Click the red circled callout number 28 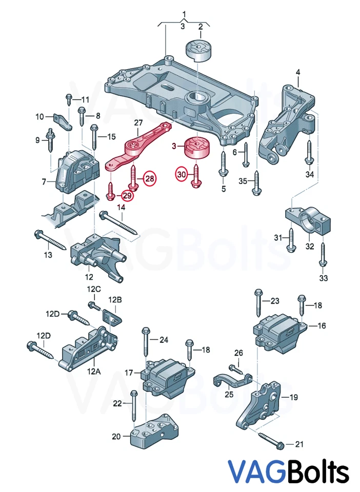149,178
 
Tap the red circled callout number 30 182,175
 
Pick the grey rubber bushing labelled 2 197,51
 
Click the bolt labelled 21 272,440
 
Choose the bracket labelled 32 308,222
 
